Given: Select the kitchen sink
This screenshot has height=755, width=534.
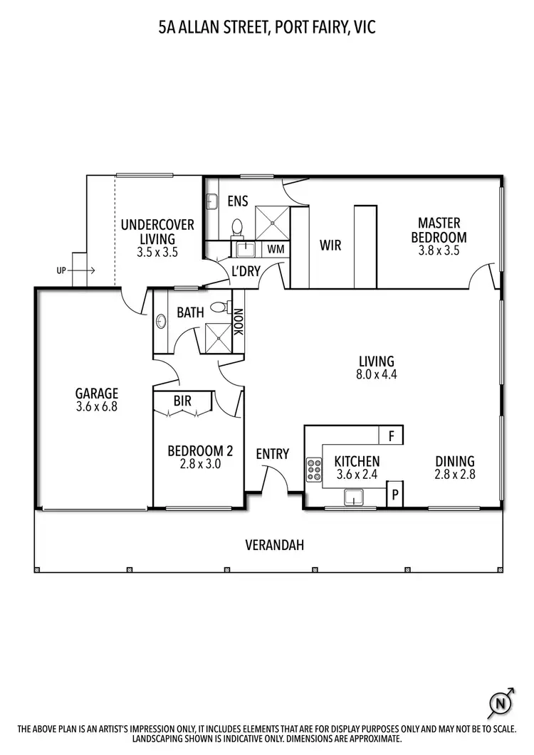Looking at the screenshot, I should tap(353, 496).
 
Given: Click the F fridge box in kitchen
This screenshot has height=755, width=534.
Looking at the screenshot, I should tap(391, 435).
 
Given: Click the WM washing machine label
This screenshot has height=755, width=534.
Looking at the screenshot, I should tap(276, 249).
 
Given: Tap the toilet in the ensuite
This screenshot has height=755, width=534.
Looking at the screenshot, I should tap(237, 226).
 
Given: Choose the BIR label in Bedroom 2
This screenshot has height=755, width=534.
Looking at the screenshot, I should tap(182, 401).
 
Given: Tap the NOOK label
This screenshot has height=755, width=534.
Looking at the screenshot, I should tap(239, 321).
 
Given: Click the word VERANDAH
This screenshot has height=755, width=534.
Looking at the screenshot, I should tap(274, 546).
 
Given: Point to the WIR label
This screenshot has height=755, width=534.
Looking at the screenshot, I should tap(330, 245).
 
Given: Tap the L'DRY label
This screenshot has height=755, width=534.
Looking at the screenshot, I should tap(246, 271).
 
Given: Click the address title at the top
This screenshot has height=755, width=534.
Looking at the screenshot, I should tap(267, 28).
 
